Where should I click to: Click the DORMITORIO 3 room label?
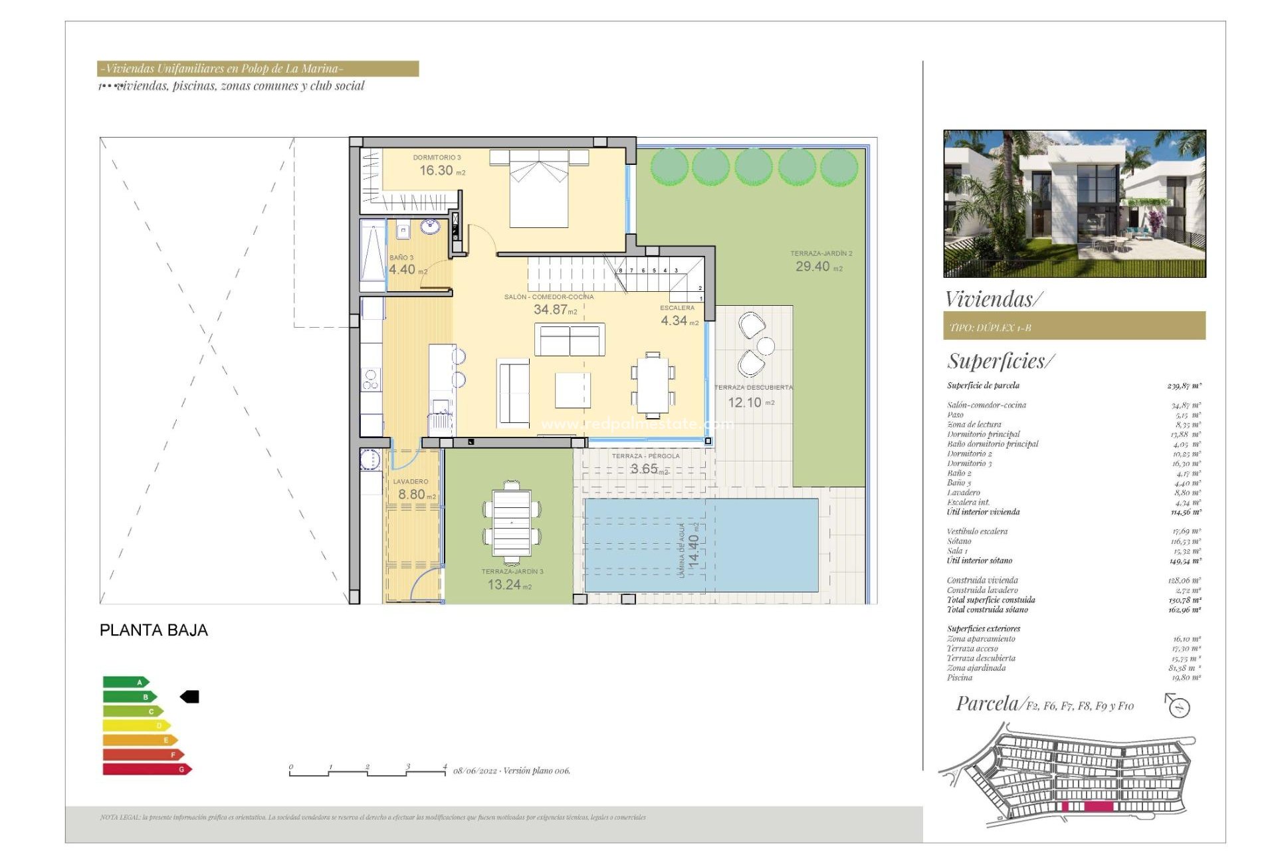coord(437,158)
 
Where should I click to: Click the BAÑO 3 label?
coord(401,257)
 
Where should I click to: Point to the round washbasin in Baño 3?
coord(430,227)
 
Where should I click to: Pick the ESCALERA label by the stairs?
coord(677,308)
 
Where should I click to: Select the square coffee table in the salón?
coord(572,390)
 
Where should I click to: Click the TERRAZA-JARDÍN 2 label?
coord(821,253)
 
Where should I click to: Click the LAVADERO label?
coord(411,481)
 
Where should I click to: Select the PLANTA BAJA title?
coord(154,630)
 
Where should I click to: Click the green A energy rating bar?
coord(125,682)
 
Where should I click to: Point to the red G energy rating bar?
coord(146,769)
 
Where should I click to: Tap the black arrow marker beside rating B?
coord(190,697)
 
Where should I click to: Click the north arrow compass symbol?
coord(1178,706)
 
